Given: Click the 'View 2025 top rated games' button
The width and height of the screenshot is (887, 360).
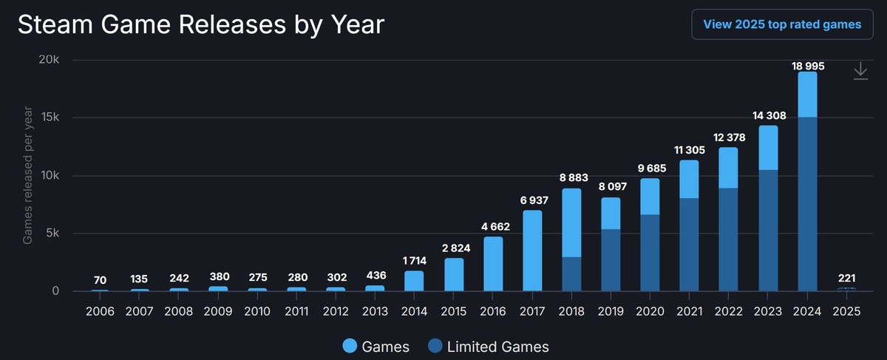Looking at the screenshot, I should (782, 24).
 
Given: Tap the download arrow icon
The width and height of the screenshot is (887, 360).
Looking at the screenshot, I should (860, 71).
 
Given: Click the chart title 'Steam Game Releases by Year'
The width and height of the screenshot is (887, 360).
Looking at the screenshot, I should (201, 24).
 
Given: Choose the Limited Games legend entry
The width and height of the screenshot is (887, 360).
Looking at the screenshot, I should (487, 346).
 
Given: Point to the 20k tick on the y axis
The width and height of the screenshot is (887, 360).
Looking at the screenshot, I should (50, 60).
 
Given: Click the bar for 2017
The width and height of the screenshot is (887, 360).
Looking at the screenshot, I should (532, 251).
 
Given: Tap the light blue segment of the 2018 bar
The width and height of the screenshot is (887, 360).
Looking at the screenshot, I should (571, 223).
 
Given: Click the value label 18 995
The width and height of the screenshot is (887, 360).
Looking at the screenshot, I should (807, 66).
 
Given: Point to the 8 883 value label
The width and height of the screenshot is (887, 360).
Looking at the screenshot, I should (571, 178).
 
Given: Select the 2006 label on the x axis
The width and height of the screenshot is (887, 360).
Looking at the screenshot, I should (101, 310).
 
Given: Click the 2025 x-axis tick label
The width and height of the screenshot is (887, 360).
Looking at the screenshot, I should (846, 310).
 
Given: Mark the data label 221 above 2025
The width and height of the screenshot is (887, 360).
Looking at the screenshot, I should (846, 279).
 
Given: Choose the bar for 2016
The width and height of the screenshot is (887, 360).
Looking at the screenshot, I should (493, 264).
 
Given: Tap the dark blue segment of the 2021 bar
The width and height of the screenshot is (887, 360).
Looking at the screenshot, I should (689, 244).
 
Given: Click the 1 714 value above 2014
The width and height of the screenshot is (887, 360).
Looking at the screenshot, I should (414, 261).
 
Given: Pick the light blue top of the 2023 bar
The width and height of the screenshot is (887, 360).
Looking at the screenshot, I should (768, 148).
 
